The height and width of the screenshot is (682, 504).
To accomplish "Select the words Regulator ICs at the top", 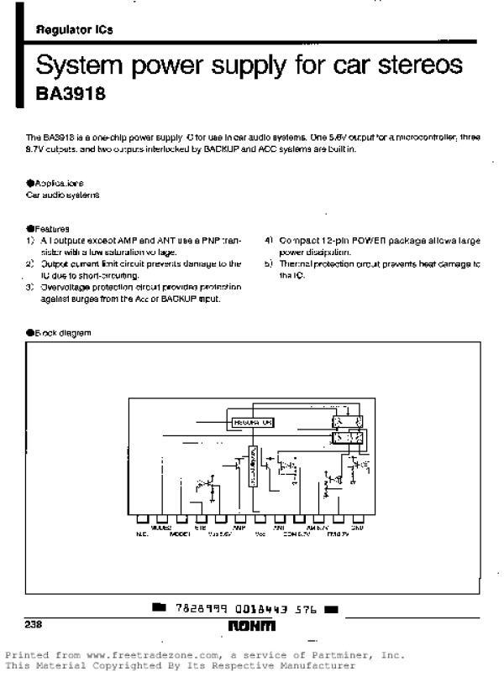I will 74,30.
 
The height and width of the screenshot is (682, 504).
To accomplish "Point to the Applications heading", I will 56,182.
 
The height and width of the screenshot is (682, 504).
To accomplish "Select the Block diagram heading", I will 60,333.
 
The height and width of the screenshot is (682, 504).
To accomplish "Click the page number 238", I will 34,624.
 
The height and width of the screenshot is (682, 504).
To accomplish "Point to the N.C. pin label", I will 141,534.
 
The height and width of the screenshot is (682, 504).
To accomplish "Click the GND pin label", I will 357,528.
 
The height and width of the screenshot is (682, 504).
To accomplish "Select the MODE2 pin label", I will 161,528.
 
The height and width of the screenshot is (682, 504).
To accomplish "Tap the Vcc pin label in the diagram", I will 260,534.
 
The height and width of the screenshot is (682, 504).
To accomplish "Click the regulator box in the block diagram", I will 252,423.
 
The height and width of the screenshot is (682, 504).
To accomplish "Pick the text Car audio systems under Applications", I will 62,194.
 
